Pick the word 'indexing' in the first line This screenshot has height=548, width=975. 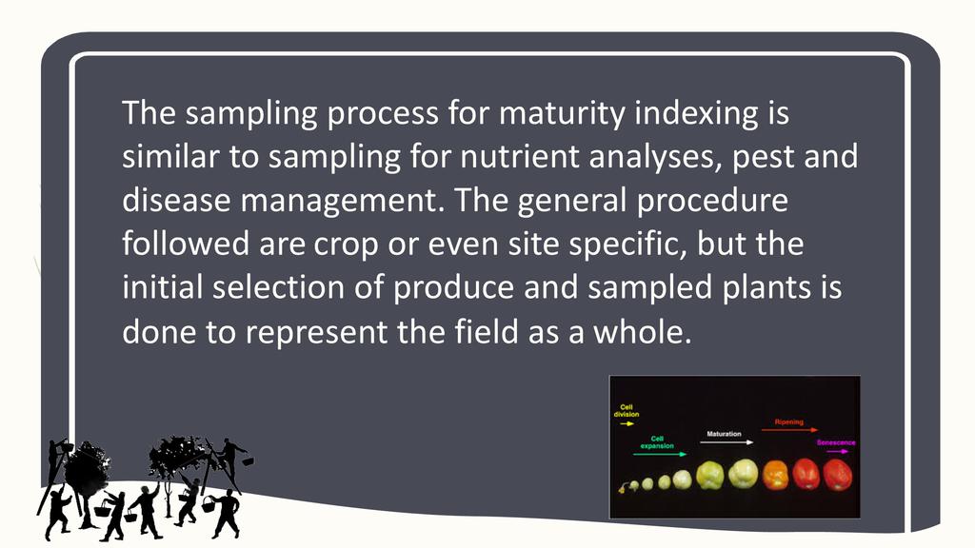pos(696,114)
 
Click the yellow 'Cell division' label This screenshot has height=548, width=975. pos(627,411)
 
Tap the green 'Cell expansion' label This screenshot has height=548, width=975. pos(657,441)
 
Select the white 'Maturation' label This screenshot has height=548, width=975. pos(724,434)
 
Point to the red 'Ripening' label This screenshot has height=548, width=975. pos(788,421)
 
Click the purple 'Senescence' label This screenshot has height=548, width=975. pos(836,442)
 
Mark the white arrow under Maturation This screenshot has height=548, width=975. pos(726,442)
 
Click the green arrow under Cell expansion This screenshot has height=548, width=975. pos(660,454)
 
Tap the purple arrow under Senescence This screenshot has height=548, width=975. pos(837,452)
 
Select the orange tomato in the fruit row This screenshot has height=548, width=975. pos(775,475)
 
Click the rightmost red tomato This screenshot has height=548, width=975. pos(837,475)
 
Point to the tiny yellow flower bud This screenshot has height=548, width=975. pos(623,488)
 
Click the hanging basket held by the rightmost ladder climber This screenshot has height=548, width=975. pos(248,461)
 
